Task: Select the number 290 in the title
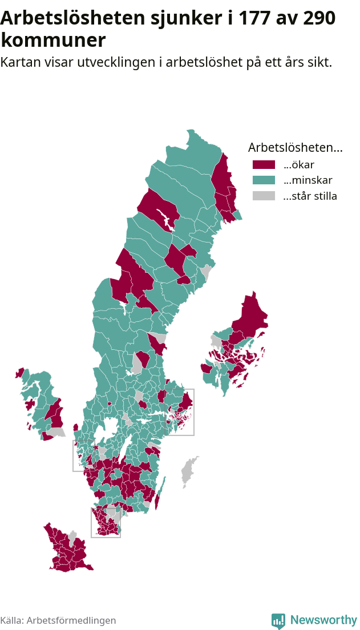(x=315, y=18)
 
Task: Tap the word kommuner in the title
(x=53, y=41)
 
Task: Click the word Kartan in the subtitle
(x=19, y=62)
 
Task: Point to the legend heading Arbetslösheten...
(x=295, y=147)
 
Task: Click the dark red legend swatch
(x=264, y=165)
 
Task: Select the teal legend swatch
(x=264, y=180)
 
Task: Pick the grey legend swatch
(x=264, y=196)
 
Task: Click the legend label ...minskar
(x=308, y=180)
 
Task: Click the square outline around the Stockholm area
(x=193, y=412)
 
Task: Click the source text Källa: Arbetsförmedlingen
(x=58, y=620)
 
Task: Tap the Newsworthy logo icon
(x=278, y=621)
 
